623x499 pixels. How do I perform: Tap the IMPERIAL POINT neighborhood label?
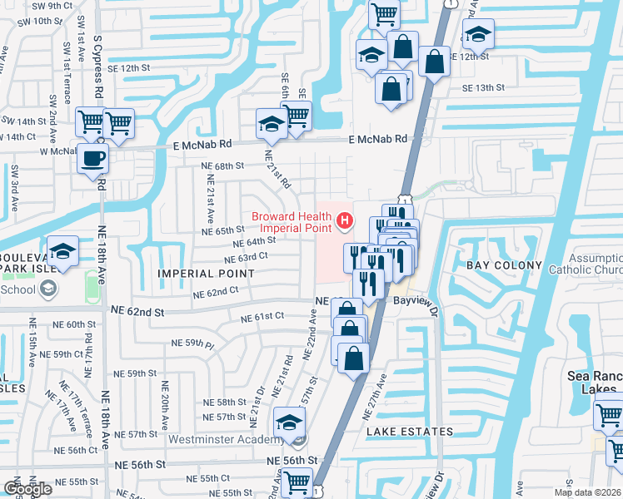(x=206, y=274)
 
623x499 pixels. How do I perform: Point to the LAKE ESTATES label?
(x=410, y=432)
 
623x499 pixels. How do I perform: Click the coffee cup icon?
(x=92, y=156)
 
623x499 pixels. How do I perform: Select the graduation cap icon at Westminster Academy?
(x=289, y=423)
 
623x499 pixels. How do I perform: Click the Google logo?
(x=28, y=488)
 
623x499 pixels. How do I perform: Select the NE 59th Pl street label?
(x=192, y=343)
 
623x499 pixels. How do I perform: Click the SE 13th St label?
(x=477, y=87)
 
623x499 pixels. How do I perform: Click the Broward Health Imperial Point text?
(x=292, y=222)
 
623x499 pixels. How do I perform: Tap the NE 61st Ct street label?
(x=262, y=317)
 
